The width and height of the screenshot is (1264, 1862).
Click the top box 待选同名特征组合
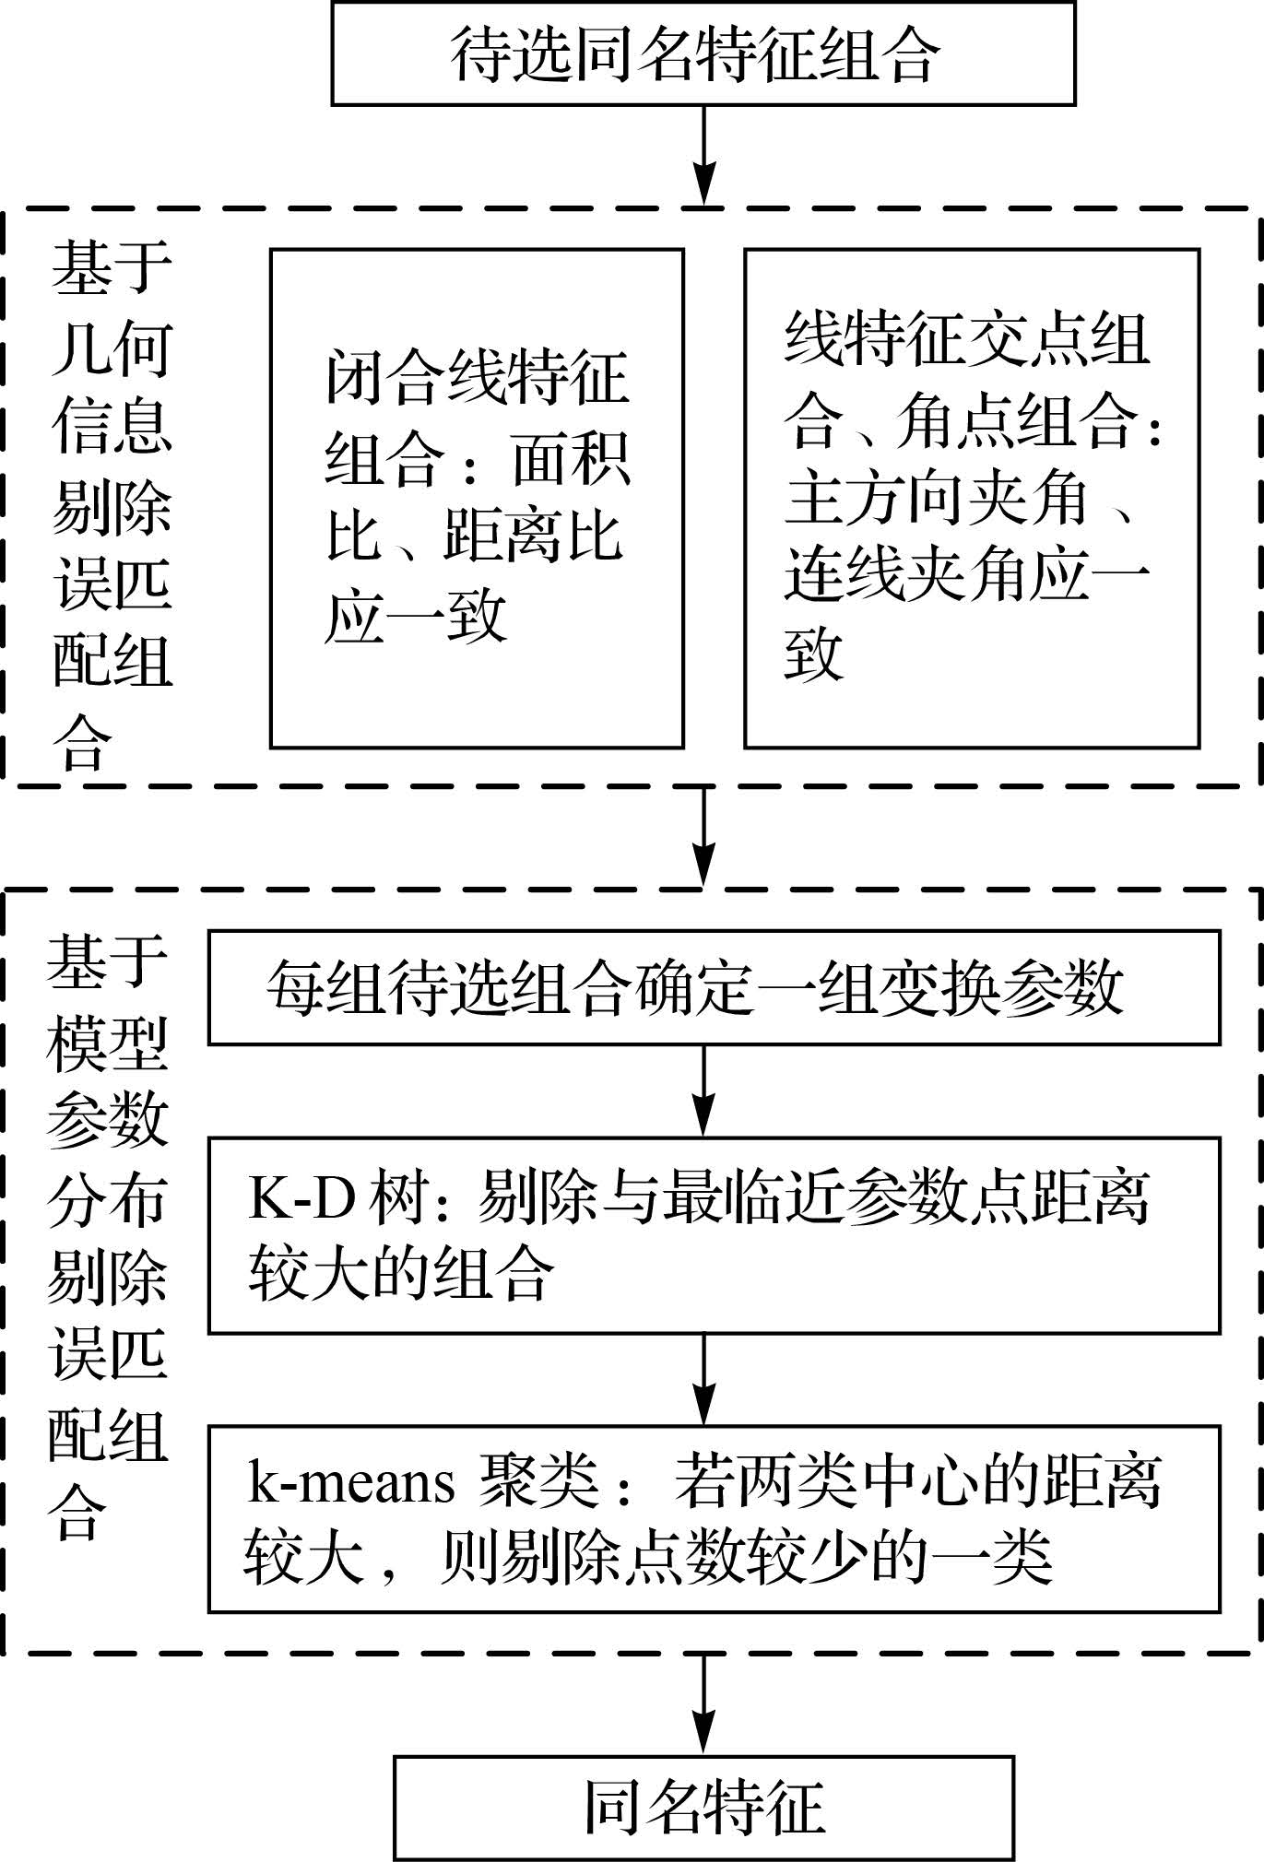click(703, 53)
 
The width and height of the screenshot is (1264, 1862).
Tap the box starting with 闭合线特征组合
click(477, 498)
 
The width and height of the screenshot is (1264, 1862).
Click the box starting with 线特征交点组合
click(972, 498)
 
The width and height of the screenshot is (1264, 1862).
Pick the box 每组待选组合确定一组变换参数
click(714, 987)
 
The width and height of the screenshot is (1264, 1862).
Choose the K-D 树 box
click(714, 1235)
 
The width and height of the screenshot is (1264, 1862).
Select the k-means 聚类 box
click(714, 1518)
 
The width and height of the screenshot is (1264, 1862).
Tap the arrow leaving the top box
click(703, 154)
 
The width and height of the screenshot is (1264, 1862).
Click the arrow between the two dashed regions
click(703, 836)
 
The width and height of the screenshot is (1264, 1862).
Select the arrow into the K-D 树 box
click(703, 1090)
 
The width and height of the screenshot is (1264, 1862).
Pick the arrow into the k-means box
click(703, 1379)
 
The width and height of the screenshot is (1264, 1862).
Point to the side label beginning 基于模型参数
click(107, 1235)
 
